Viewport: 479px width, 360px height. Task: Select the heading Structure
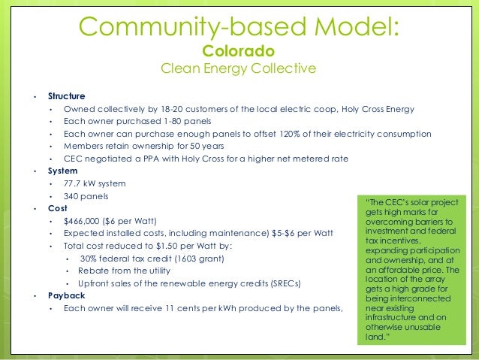coord(66,96)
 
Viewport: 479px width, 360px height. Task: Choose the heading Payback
coord(65,295)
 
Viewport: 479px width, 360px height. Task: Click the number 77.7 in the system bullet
coord(73,183)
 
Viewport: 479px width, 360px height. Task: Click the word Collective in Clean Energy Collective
coord(282,69)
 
